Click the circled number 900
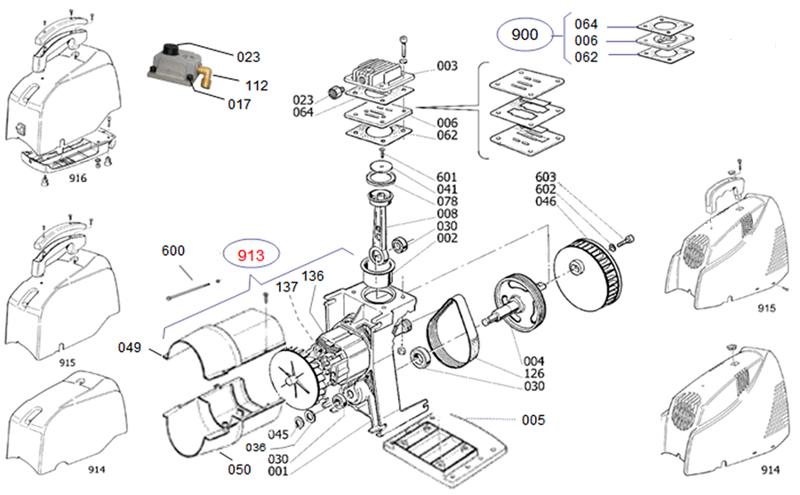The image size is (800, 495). point(524,36)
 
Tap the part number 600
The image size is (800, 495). point(173,251)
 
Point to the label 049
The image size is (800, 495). point(130,347)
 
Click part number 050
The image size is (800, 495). point(239,468)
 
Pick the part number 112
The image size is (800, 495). point(256,86)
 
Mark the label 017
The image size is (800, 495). point(238,104)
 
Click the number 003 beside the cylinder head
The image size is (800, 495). point(447,66)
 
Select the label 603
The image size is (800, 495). point(546,176)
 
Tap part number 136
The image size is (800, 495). point(313,276)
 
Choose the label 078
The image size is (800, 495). point(447,202)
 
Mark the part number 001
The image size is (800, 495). point(278,470)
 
